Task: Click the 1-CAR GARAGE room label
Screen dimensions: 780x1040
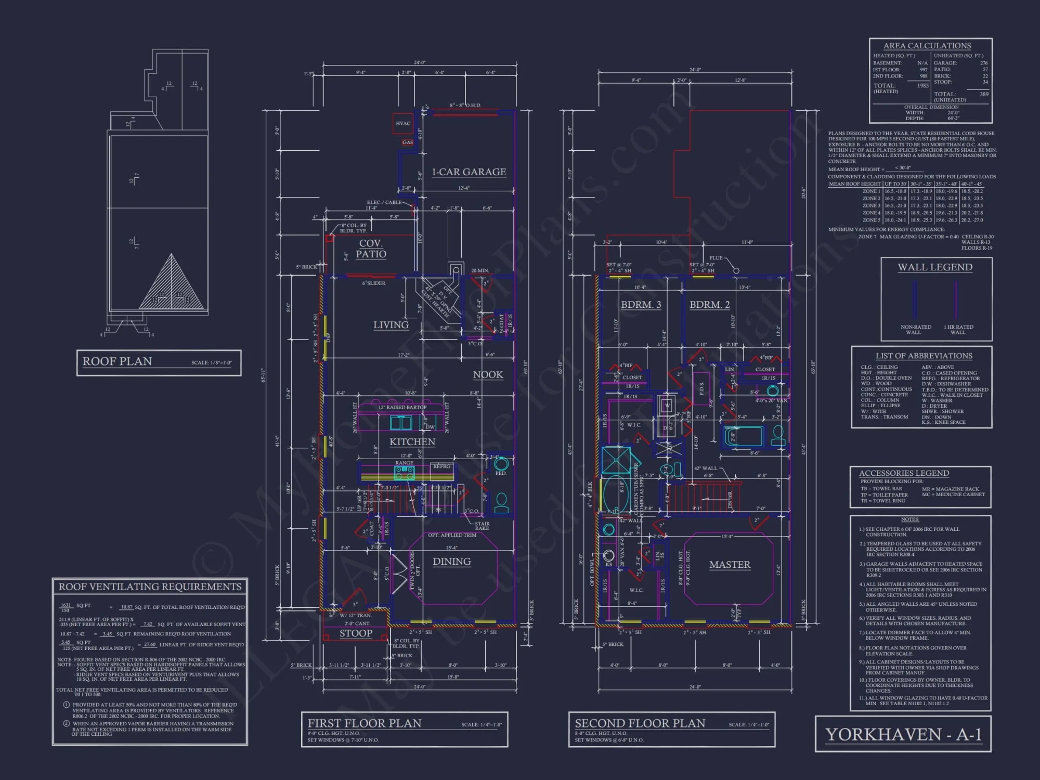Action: pos(469,172)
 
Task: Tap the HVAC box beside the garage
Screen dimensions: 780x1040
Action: pos(403,124)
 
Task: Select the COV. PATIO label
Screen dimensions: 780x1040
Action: pos(371,249)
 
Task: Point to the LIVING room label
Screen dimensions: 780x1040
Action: pos(391,325)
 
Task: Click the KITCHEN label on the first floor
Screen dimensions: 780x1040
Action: pos(412,442)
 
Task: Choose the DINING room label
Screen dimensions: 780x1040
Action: pos(452,562)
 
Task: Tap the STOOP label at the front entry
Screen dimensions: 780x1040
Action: pos(356,633)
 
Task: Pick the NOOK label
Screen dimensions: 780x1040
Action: pos(488,375)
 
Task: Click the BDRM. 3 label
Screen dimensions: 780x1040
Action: pos(641,305)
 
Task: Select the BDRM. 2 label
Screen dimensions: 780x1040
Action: pos(709,305)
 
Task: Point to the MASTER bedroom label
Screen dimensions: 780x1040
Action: pos(730,565)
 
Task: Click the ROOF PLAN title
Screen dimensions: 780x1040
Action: pos(118,361)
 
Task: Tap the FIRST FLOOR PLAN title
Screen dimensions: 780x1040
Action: pos(365,723)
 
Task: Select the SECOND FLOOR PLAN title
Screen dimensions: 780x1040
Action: pos(640,723)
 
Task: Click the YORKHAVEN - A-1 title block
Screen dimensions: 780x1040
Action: pos(903,734)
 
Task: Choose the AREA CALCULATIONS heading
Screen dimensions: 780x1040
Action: pos(927,46)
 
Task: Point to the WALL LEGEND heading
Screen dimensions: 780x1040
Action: pos(935,267)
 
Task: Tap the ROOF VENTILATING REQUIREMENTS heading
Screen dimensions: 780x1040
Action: pos(150,587)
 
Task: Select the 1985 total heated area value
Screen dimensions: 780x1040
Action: pos(922,86)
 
